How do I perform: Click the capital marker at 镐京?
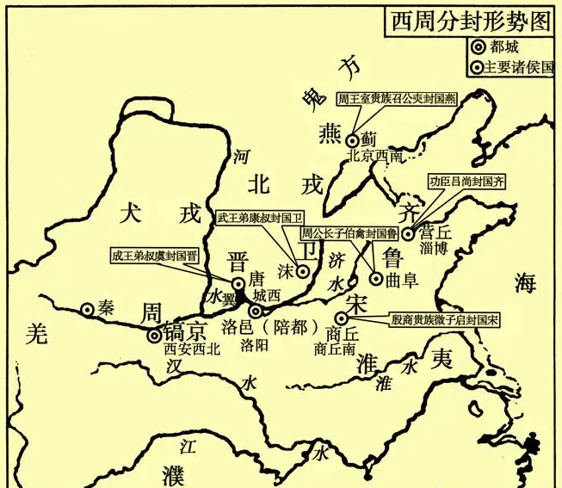click(x=154, y=336)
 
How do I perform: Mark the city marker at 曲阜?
click(x=376, y=278)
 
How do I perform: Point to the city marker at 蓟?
click(x=353, y=140)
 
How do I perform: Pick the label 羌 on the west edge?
click(x=34, y=335)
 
